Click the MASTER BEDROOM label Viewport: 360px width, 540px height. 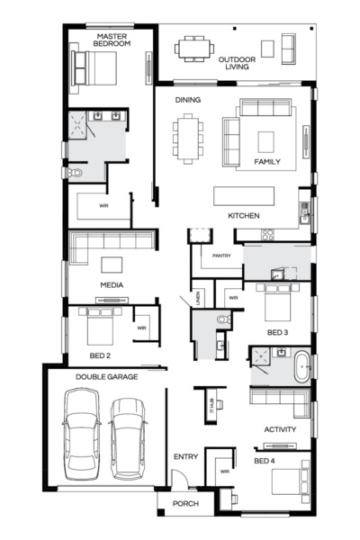[114, 39]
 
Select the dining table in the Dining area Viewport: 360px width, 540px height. [188, 139]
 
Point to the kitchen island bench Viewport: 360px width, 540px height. [244, 195]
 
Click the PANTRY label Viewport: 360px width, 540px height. [221, 256]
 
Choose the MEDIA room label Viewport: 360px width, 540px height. [112, 285]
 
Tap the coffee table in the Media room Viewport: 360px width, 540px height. [112, 265]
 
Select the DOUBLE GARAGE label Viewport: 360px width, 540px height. [106, 377]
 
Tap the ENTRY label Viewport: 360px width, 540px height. [185, 457]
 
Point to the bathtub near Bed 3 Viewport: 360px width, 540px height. [301, 366]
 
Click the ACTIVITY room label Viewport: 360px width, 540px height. [280, 429]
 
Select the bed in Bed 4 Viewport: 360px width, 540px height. [292, 482]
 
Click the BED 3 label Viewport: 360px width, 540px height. [278, 332]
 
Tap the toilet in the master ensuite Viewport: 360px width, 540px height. [74, 170]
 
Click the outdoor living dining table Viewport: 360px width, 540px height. [194, 47]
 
